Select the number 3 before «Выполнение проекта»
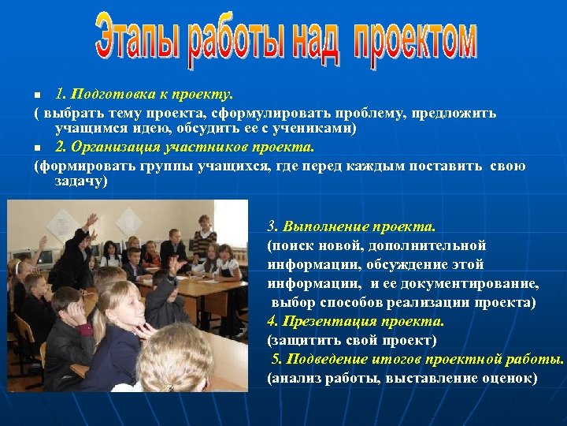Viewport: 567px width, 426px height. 272,227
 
